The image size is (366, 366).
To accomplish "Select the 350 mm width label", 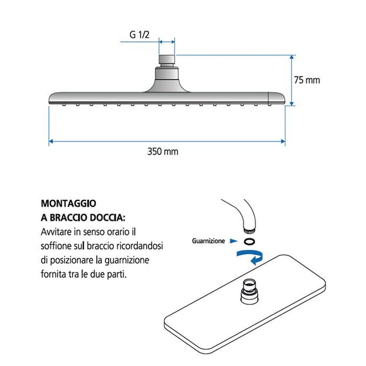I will pos(163,152).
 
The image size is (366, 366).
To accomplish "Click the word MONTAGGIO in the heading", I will pos(68,203).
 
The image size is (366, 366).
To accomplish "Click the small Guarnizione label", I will pos(208,241).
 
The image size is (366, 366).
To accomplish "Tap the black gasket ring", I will pos(249,241).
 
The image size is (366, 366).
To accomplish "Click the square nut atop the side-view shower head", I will pos(167,59).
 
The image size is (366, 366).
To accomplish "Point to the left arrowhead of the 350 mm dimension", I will pos(51,141).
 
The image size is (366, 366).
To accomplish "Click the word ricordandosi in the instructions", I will pos(132,245).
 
